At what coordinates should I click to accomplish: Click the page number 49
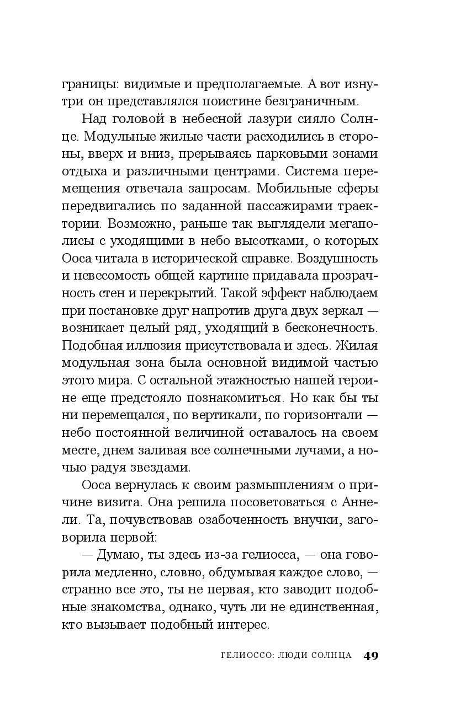point(370,656)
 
